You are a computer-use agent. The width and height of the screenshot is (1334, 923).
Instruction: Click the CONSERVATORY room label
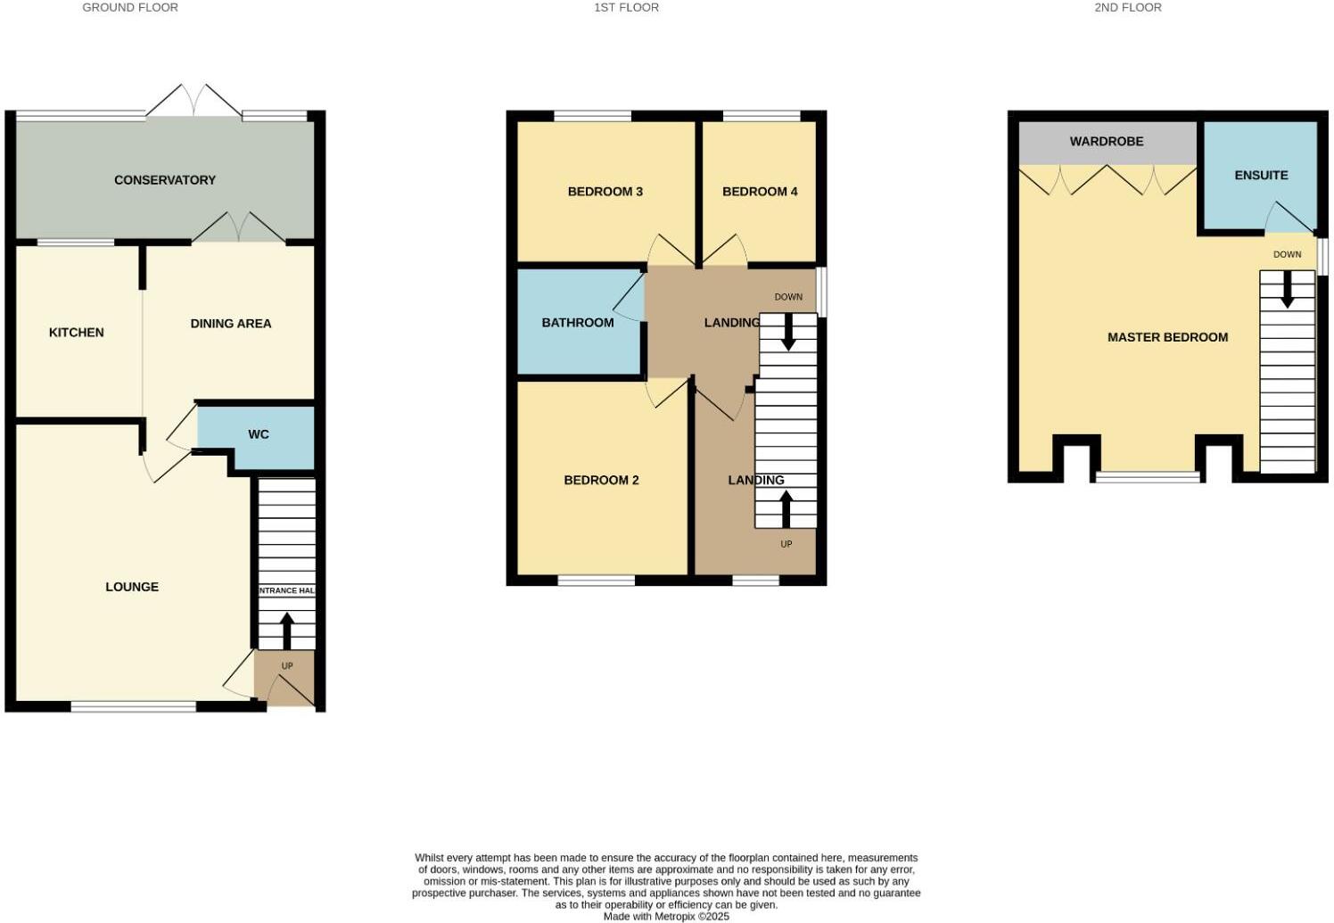(x=165, y=180)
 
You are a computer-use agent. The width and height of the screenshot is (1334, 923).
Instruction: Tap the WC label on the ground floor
(x=259, y=435)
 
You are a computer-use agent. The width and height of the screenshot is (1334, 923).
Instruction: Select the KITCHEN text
(x=77, y=333)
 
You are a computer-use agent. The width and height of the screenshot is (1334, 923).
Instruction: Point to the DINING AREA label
(x=231, y=324)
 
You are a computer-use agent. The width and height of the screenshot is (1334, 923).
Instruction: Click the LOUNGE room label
(x=132, y=587)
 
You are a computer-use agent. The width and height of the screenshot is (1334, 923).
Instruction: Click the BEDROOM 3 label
(x=605, y=192)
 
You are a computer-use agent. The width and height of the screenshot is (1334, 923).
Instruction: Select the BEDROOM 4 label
(x=760, y=192)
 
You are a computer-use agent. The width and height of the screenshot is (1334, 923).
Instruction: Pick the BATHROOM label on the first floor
(x=578, y=323)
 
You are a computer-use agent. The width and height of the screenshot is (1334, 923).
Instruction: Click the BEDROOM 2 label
(x=601, y=481)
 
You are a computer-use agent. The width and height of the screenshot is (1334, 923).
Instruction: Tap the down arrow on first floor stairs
(x=788, y=333)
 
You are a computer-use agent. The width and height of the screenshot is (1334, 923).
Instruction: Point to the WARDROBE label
(x=1107, y=142)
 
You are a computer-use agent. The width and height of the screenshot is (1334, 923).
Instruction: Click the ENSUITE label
(x=1261, y=176)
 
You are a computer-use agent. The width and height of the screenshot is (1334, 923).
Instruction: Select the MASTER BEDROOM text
(x=1167, y=337)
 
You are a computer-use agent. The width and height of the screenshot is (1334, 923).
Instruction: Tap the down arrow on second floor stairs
(x=1287, y=289)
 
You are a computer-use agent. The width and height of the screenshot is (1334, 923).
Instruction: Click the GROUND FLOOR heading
(x=130, y=7)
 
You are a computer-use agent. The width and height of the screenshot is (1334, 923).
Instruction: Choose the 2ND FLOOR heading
(x=1128, y=7)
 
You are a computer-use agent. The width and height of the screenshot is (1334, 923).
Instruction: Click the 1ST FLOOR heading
(x=627, y=7)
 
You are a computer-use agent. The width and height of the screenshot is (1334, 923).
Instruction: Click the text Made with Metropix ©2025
(x=666, y=916)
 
